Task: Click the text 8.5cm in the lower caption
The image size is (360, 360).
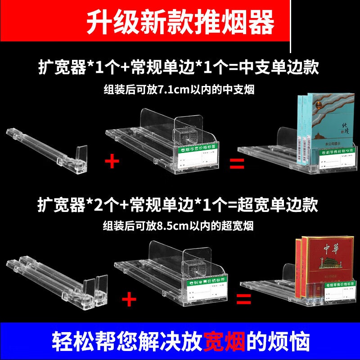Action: (168, 225)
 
